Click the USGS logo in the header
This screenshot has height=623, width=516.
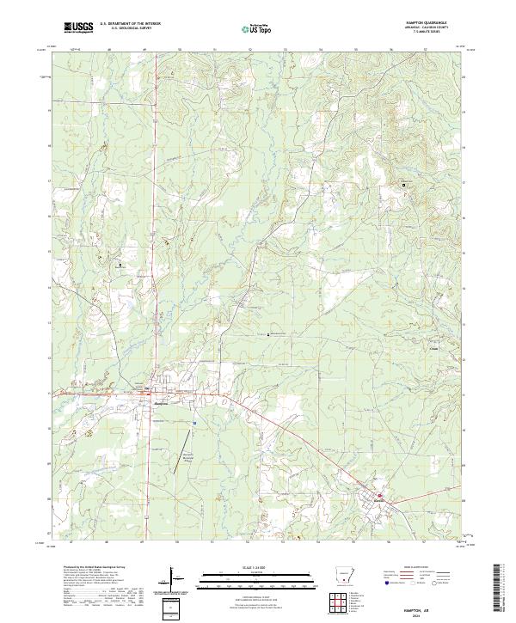78,27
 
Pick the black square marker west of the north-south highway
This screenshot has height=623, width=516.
120,265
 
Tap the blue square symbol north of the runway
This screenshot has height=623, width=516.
196,422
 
